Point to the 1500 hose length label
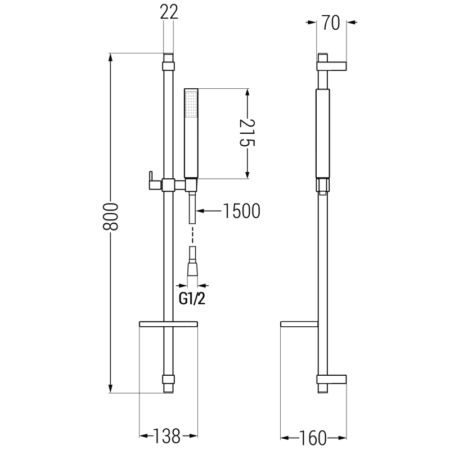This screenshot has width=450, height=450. (241, 211)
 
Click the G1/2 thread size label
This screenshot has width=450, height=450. (191, 299)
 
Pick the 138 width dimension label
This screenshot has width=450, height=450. (168, 435)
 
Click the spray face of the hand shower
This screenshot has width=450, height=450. (191, 105)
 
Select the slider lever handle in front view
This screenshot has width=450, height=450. (151, 179)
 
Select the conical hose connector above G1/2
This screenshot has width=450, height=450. (192, 267)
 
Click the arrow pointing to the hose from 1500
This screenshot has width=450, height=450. (208, 211)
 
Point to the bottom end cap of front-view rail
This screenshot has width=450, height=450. (168, 382)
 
